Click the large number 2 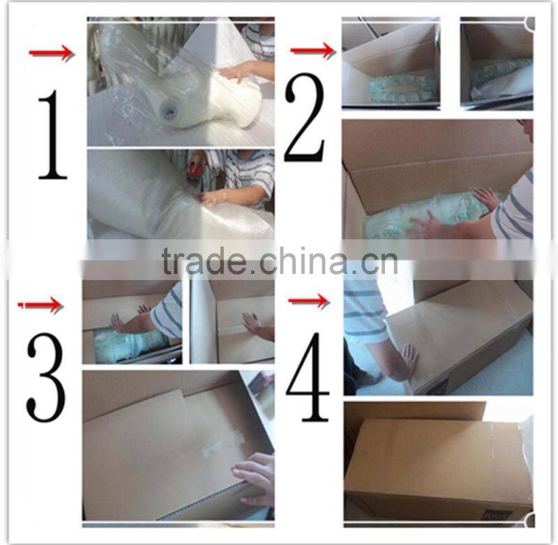point(305,118)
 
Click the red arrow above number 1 point(51,53)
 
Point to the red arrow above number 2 point(312,50)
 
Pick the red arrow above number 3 point(40,305)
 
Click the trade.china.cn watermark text point(279,263)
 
